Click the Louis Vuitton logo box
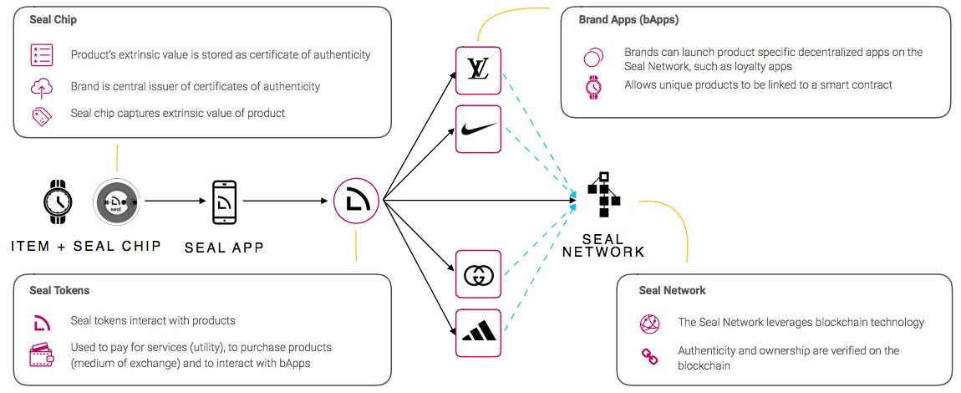[x=478, y=70]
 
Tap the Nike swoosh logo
[x=478, y=129]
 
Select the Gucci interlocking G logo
[x=478, y=273]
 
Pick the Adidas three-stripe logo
[x=478, y=332]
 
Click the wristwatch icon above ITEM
[x=58, y=202]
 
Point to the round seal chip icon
[x=116, y=202]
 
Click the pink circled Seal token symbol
[x=356, y=201]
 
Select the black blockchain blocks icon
[x=603, y=193]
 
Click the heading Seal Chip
[x=53, y=20]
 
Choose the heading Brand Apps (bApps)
[x=628, y=19]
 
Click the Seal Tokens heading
[x=59, y=291]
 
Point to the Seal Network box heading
[x=673, y=291]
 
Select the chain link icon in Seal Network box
[x=649, y=357]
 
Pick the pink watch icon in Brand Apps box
[x=593, y=86]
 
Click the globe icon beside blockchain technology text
[x=649, y=324]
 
